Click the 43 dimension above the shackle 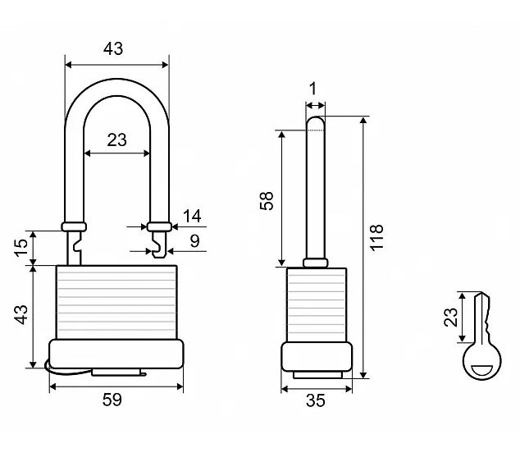click(x=113, y=48)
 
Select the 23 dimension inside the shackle click(x=117, y=139)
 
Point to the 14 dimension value click(x=192, y=217)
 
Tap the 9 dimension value click(x=194, y=241)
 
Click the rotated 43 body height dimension click(x=21, y=313)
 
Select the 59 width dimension click(x=112, y=400)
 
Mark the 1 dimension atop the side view click(x=312, y=89)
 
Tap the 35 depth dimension click(x=316, y=400)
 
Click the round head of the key click(x=481, y=361)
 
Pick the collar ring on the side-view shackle click(x=314, y=263)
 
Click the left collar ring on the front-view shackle click(x=74, y=226)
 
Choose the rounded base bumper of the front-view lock click(x=116, y=354)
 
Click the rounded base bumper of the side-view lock click(x=317, y=357)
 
